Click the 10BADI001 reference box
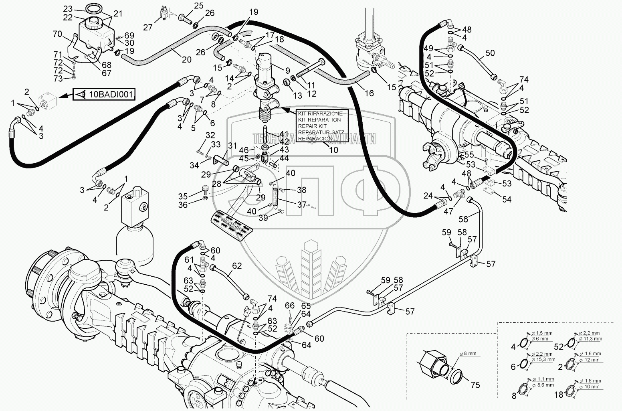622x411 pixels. (103, 95)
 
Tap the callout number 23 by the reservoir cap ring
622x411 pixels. (68, 8)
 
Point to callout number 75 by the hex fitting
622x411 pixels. (475, 385)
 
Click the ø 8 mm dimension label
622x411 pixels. (468, 353)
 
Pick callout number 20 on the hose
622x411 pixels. (186, 59)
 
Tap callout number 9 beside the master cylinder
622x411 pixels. (287, 71)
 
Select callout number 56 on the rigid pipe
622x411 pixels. (463, 219)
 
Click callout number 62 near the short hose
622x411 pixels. (237, 265)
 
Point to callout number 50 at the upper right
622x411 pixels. (490, 53)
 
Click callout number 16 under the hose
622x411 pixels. (369, 93)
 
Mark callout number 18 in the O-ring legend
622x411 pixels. (558, 395)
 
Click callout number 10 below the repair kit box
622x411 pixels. (333, 150)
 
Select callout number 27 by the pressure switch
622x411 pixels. (148, 27)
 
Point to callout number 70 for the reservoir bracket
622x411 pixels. (58, 34)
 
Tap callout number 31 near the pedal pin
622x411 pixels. (233, 145)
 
